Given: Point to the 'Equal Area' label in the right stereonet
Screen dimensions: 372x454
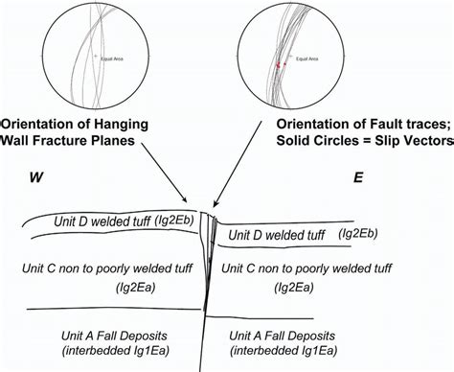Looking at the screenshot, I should [307, 58].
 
